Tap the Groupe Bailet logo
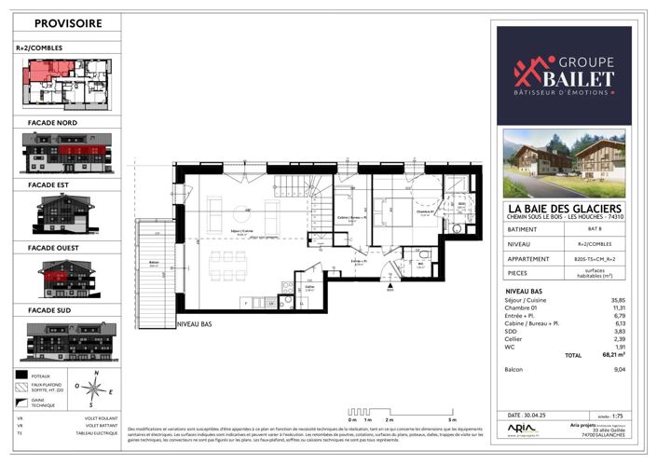(564, 75)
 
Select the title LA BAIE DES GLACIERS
(563, 209)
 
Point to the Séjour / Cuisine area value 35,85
(618, 300)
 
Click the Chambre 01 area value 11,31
(618, 308)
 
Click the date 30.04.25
(529, 415)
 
